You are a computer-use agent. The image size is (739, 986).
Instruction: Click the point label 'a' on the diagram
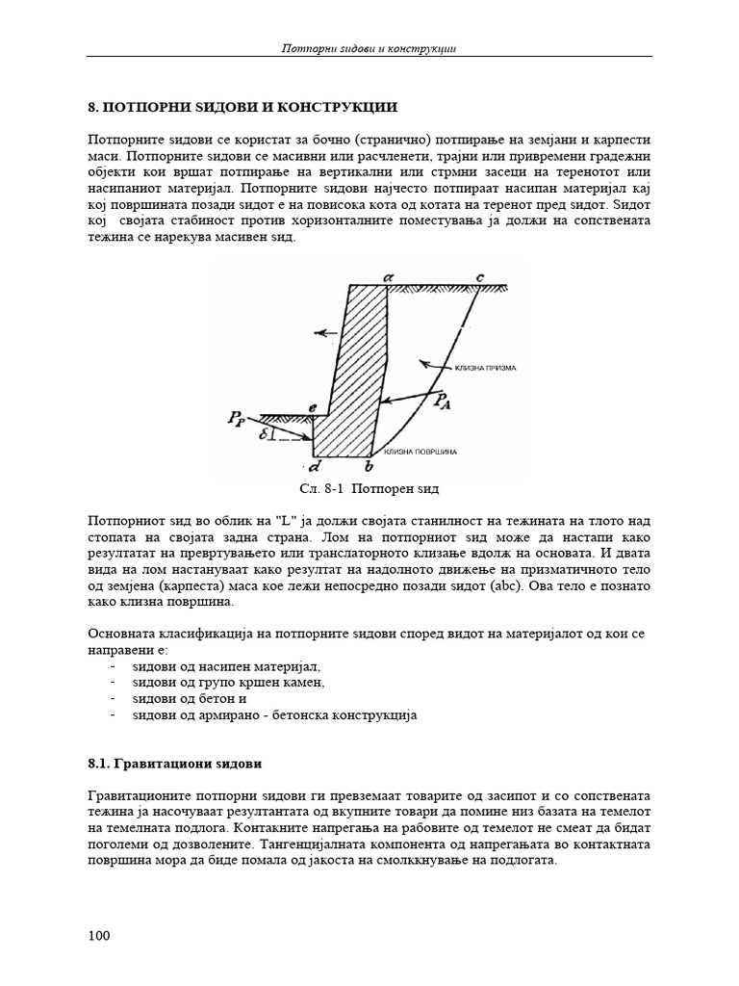(x=388, y=276)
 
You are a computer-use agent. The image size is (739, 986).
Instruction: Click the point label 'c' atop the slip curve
(x=480, y=276)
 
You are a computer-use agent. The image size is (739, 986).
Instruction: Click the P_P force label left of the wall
(x=237, y=418)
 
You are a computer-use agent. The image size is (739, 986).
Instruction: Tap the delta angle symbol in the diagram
(x=264, y=433)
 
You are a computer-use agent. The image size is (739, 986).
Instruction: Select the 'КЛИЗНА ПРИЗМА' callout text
(x=480, y=368)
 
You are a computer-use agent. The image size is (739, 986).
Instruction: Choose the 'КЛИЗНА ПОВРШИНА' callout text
(x=420, y=452)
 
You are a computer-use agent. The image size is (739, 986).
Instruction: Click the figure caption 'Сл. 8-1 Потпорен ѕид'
(x=369, y=490)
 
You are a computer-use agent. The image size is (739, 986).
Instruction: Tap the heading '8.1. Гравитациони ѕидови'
(x=174, y=764)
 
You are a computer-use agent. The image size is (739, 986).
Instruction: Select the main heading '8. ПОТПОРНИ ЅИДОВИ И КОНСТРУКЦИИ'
(x=242, y=106)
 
